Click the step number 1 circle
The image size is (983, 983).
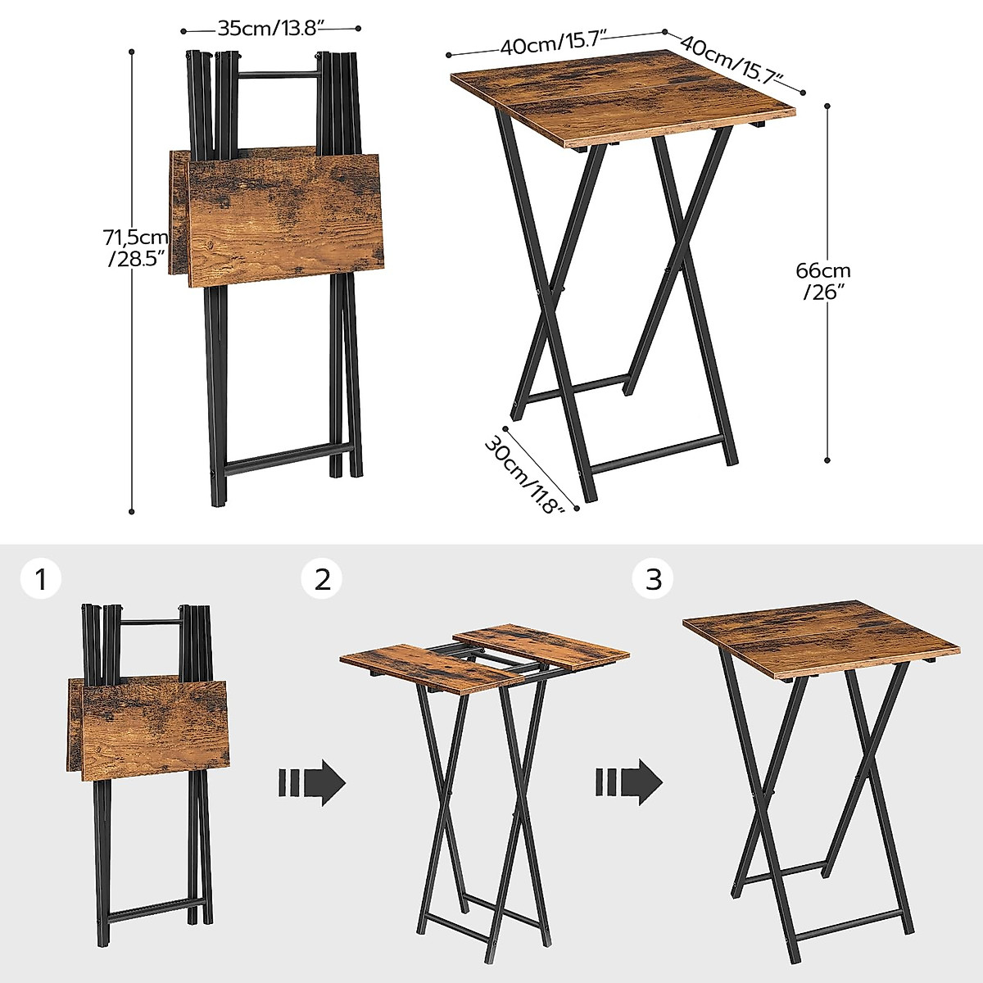tap(40, 579)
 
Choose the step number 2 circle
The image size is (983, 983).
tap(322, 579)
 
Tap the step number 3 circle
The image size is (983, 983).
tap(653, 579)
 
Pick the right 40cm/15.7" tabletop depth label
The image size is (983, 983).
tap(732, 60)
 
